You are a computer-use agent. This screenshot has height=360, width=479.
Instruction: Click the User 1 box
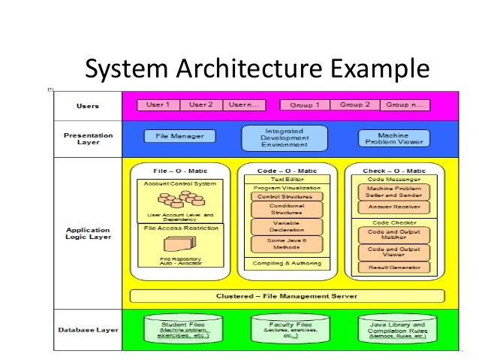[158, 104]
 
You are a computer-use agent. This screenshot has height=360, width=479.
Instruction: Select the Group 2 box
[355, 104]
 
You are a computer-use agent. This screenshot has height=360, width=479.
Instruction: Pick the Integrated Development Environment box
[285, 138]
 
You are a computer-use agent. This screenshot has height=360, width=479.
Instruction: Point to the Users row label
[88, 106]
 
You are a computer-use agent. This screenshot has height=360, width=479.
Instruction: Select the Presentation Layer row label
[88, 138]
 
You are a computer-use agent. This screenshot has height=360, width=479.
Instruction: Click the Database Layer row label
[88, 330]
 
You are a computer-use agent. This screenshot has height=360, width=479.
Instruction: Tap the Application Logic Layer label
[88, 234]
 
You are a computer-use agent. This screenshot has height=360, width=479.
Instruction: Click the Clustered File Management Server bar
[287, 295]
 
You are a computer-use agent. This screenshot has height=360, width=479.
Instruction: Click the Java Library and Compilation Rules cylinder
[393, 329]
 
